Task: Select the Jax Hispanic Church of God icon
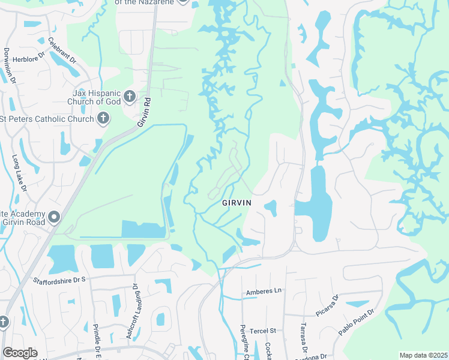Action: pyautogui.click(x=129, y=97)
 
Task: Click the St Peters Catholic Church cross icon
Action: pyautogui.click(x=103, y=118)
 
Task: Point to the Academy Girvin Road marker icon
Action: pyautogui.click(x=55, y=216)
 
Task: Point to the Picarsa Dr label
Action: pyautogui.click(x=327, y=305)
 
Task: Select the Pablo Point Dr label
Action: pyautogui.click(x=356, y=322)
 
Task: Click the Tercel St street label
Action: pyautogui.click(x=263, y=331)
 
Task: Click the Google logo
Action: pyautogui.click(x=20, y=353)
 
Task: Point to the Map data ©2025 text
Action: pyautogui.click(x=423, y=355)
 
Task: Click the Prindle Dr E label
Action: pyautogui.click(x=96, y=340)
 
